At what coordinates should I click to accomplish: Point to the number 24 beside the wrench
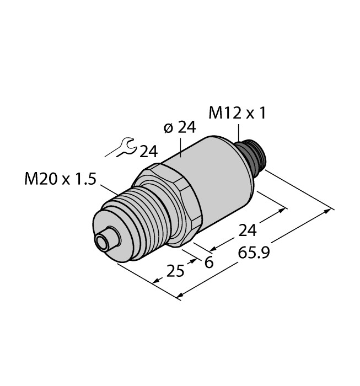pyautogui.click(x=149, y=151)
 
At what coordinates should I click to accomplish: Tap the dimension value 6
pyautogui.click(x=208, y=262)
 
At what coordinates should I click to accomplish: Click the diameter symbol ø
pyautogui.click(x=169, y=128)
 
